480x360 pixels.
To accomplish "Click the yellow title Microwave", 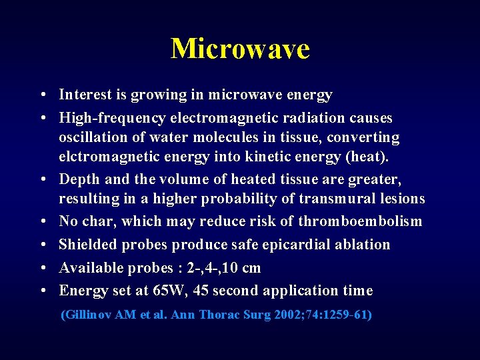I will [240, 49].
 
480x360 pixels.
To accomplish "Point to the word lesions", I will [400, 199].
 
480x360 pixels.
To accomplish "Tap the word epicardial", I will [318, 245].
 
